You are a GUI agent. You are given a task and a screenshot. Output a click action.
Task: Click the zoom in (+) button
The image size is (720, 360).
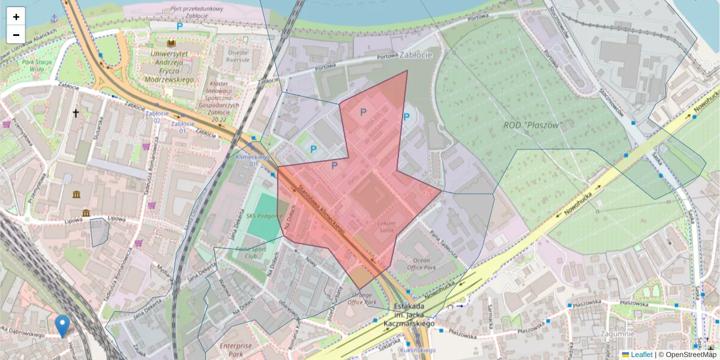click(x=16, y=17)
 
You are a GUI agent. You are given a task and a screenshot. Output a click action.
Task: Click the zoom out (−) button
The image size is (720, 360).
click(x=16, y=34)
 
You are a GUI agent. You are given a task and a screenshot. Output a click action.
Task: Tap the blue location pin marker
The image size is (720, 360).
click(x=62, y=325)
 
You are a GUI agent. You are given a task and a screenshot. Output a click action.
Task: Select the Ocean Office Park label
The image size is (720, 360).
click(x=422, y=263)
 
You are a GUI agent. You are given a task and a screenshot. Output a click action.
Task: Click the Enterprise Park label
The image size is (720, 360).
click(x=236, y=349)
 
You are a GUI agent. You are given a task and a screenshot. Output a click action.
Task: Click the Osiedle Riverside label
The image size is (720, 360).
click(x=238, y=56)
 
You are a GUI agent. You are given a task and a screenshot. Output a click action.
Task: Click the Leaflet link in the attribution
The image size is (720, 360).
click(x=641, y=355)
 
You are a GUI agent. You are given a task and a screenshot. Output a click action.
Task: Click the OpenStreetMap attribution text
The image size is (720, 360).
click(x=687, y=355)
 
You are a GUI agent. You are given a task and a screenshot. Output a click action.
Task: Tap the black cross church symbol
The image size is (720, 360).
click(x=76, y=113)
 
